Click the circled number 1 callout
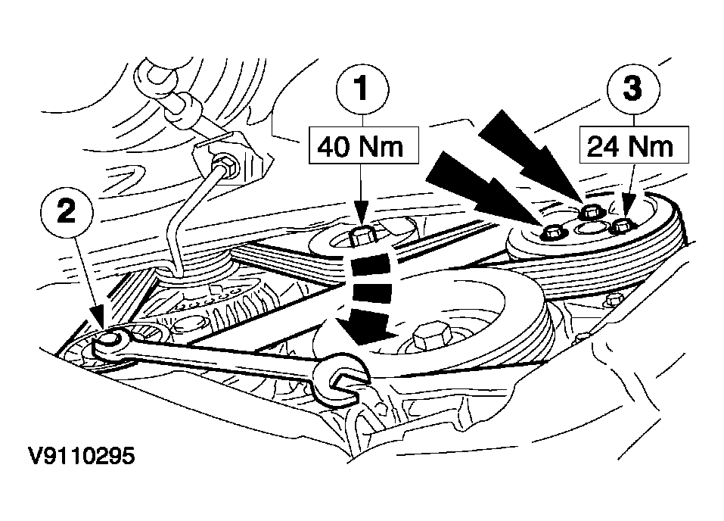tap(362, 89)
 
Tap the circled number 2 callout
tap(67, 214)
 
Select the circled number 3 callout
tap(633, 89)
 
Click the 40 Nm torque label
tap(362, 145)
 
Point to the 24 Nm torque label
tap(633, 145)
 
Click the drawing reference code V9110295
tap(82, 456)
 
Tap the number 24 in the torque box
tap(604, 147)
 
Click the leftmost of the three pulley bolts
tap(552, 231)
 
